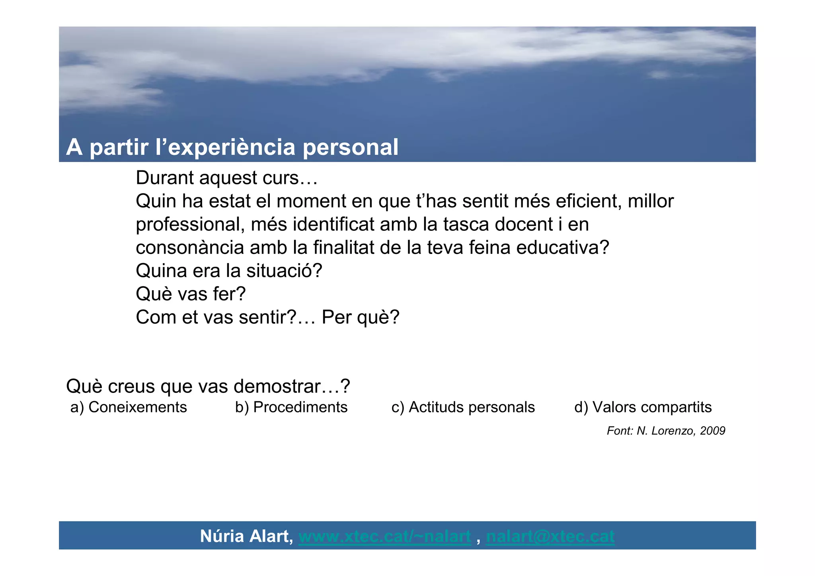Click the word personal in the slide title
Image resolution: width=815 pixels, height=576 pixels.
tap(350, 147)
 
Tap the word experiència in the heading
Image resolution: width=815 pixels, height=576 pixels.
tap(232, 147)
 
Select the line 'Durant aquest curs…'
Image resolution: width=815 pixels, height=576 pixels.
tap(226, 178)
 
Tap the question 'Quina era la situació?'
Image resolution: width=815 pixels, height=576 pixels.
tap(229, 271)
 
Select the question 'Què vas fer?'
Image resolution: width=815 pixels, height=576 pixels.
tap(191, 294)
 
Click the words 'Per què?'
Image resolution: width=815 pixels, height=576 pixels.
tap(360, 317)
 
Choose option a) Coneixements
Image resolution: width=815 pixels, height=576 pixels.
tap(129, 407)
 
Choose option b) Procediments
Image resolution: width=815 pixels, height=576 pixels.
tap(291, 407)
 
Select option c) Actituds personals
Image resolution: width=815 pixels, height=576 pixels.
tap(463, 407)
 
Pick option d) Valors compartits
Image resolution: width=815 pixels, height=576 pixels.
tap(643, 407)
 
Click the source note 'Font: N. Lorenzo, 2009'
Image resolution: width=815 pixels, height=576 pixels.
tap(666, 431)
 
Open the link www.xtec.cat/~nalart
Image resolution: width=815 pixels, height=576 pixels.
tap(384, 536)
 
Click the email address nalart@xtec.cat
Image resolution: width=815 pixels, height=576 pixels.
tap(550, 536)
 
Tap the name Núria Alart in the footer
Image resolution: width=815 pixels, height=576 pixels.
tap(246, 536)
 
